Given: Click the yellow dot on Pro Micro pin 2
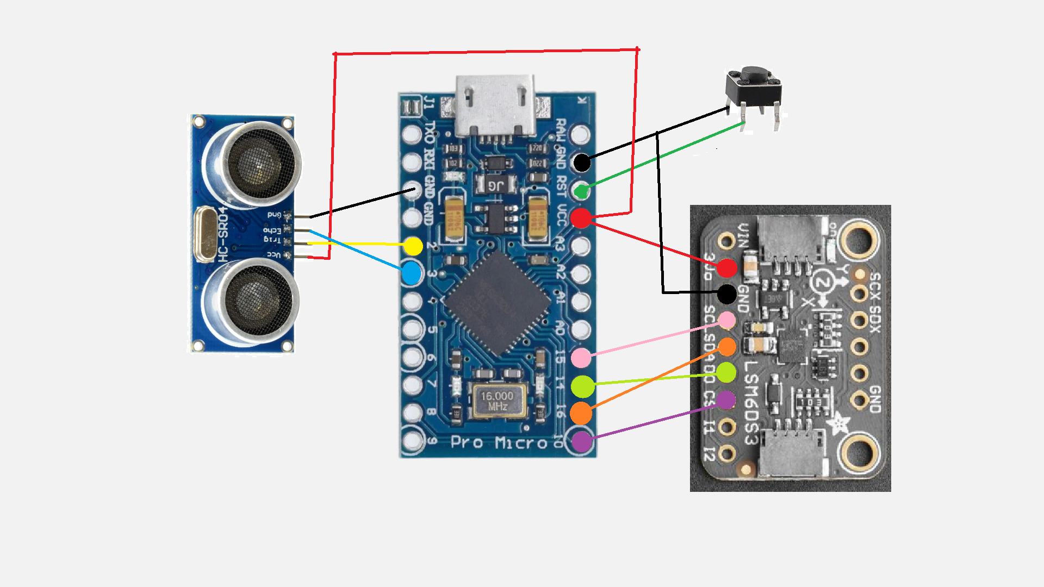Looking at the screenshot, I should [x=413, y=246].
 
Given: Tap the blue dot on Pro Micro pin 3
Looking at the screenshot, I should [x=412, y=273].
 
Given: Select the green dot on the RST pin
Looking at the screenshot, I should [x=581, y=191].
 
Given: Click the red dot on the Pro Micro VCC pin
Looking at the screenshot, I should [x=581, y=218].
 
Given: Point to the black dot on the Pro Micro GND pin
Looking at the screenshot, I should [x=582, y=162].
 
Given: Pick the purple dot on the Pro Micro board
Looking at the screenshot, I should [x=581, y=441].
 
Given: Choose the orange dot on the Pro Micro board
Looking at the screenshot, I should [x=581, y=413].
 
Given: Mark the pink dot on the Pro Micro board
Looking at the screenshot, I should [x=581, y=358].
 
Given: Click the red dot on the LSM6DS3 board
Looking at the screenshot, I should [x=726, y=267].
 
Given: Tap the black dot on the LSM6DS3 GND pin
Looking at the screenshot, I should [x=727, y=294].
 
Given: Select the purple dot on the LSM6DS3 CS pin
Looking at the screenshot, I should [x=726, y=400].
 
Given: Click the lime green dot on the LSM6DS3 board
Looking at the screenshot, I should [x=726, y=372].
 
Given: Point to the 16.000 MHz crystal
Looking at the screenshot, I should [x=498, y=402].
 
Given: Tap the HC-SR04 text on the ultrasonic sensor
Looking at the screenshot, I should [x=222, y=234].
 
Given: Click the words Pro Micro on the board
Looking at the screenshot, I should [x=499, y=443].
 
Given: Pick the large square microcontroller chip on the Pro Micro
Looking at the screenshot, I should [x=498, y=304].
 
